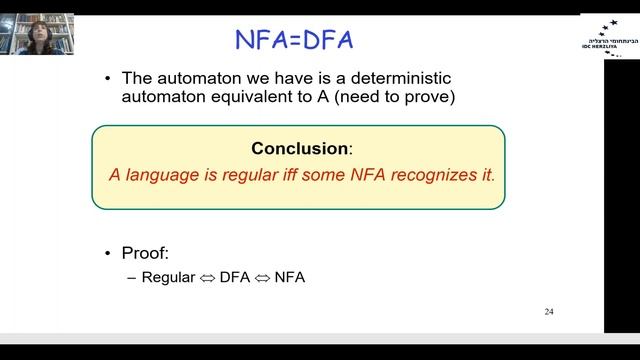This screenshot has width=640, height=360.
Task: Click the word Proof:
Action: click(x=147, y=254)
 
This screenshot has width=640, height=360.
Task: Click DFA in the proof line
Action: click(x=235, y=277)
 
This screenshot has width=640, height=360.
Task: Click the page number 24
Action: click(x=549, y=312)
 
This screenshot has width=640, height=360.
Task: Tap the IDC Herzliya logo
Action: click(x=608, y=36)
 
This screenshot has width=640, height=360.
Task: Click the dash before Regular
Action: click(x=132, y=277)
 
